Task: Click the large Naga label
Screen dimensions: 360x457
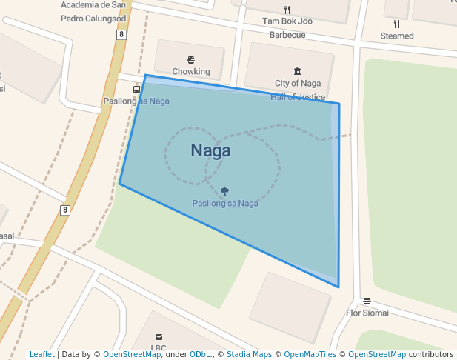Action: pyautogui.click(x=210, y=150)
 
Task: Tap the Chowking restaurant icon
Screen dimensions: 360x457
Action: pyautogui.click(x=191, y=60)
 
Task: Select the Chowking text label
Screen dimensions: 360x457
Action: pyautogui.click(x=191, y=72)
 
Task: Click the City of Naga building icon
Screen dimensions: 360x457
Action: pyautogui.click(x=298, y=72)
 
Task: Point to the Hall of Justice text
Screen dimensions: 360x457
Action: pyautogui.click(x=298, y=97)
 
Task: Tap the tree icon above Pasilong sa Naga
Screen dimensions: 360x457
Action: pyautogui.click(x=224, y=191)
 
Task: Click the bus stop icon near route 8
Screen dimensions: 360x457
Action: pyautogui.click(x=136, y=90)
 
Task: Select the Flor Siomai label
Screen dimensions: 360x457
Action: pyautogui.click(x=367, y=313)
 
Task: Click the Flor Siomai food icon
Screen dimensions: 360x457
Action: pyautogui.click(x=367, y=301)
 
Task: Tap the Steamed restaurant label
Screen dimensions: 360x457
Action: pyautogui.click(x=397, y=36)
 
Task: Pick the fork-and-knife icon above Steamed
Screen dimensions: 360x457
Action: pyautogui.click(x=397, y=24)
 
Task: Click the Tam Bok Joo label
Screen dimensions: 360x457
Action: pyautogui.click(x=287, y=21)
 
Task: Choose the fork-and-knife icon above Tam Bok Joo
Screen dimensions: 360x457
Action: pyautogui.click(x=287, y=10)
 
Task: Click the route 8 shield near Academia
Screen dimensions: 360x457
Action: pyautogui.click(x=121, y=34)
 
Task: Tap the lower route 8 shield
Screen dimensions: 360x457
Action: pyautogui.click(x=65, y=210)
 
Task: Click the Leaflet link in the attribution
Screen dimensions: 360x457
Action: pyautogui.click(x=42, y=354)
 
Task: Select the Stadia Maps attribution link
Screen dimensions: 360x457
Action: pyautogui.click(x=249, y=354)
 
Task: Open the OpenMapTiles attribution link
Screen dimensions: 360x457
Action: pyautogui.click(x=310, y=354)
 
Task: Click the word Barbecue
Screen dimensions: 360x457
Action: pyautogui.click(x=287, y=35)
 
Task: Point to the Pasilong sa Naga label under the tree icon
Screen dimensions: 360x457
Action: pyautogui.click(x=225, y=203)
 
